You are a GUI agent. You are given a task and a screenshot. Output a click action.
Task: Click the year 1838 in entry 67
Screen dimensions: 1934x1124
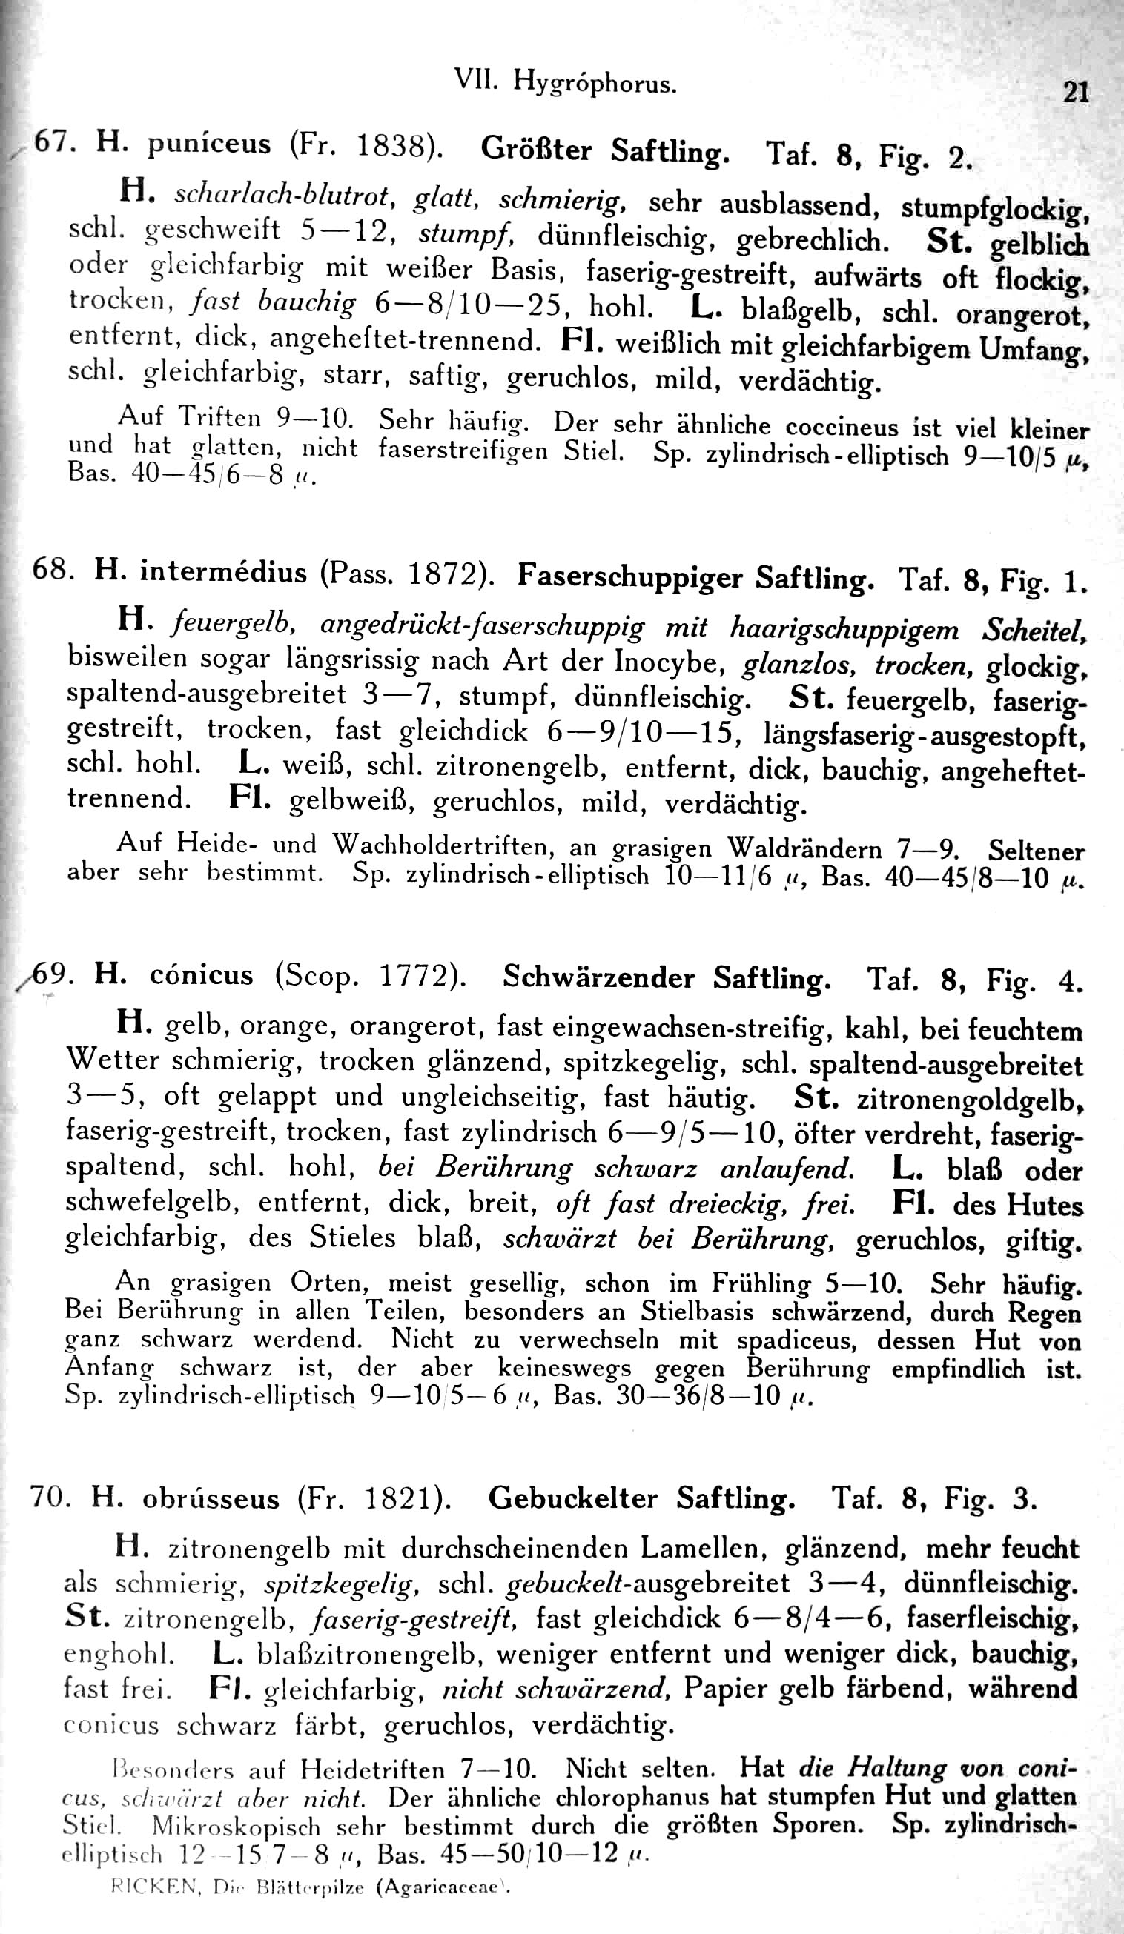pos(392,146)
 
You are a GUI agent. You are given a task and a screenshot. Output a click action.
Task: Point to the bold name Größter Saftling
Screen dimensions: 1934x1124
pos(605,149)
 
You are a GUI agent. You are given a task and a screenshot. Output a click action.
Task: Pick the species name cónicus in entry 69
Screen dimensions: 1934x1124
pos(201,974)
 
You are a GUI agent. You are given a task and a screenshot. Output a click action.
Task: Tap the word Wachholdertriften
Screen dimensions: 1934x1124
pos(446,845)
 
